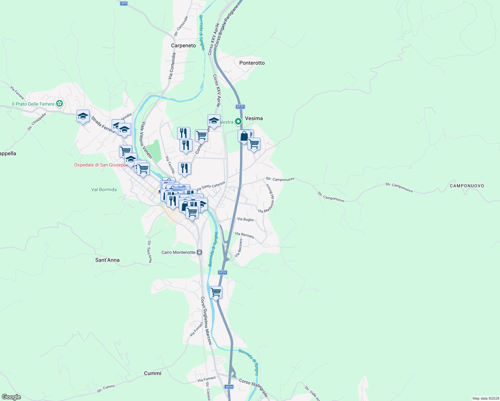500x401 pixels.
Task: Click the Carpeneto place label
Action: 183,45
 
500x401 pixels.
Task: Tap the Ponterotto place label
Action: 252,63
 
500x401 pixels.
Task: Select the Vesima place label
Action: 254,118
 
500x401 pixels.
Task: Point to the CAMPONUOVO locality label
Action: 467,186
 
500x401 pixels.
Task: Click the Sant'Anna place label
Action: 107,260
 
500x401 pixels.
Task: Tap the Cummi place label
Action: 152,373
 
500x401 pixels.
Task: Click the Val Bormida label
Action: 104,189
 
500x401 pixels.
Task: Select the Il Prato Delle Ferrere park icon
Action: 59,104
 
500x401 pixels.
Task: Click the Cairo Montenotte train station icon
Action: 200,252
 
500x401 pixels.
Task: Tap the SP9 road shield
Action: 124,3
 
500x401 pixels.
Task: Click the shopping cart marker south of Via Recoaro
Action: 216,292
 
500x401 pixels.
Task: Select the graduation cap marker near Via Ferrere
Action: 83,116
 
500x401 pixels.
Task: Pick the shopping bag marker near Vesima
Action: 244,136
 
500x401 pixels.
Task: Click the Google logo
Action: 11,397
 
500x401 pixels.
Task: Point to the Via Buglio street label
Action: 245,220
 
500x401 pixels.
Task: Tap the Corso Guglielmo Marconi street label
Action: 206,321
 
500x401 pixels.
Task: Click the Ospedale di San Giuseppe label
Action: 101,165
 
